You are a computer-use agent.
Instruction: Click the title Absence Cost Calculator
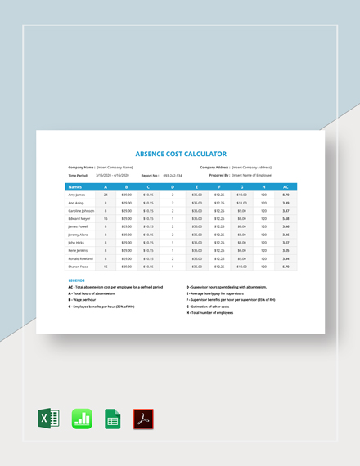point(179,154)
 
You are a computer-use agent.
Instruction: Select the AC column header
point(285,186)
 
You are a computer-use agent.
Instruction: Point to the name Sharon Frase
point(77,266)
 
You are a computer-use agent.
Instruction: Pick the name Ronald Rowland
point(80,258)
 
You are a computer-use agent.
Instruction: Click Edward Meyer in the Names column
point(79,218)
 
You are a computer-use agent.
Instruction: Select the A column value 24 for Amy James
point(105,195)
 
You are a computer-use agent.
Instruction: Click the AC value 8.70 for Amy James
point(285,195)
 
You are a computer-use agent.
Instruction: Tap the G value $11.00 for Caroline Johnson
point(241,210)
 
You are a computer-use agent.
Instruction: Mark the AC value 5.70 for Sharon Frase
point(285,266)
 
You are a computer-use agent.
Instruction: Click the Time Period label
point(79,175)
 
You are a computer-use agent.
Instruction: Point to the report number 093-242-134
point(173,175)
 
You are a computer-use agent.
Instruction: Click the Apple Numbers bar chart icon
point(82,419)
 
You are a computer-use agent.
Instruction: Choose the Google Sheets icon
point(113,419)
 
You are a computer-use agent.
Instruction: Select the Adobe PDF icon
point(144,419)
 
